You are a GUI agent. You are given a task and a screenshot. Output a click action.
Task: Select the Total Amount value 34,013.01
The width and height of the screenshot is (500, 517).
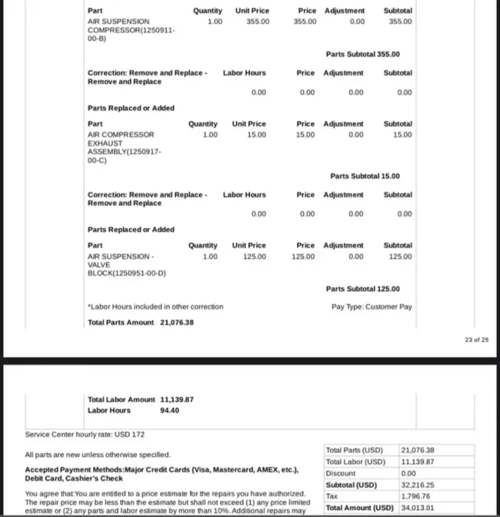click(x=418, y=508)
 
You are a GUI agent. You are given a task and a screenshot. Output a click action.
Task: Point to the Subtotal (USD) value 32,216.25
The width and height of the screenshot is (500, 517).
click(x=418, y=485)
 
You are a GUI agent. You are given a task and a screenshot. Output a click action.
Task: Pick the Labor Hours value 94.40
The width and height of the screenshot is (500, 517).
click(x=169, y=411)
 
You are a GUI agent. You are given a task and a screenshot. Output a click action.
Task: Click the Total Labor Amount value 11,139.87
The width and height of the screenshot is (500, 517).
click(x=176, y=399)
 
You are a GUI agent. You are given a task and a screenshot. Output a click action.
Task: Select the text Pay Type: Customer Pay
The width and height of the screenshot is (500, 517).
click(x=372, y=307)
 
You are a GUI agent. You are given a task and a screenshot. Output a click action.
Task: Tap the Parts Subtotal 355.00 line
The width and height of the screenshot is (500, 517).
click(x=362, y=54)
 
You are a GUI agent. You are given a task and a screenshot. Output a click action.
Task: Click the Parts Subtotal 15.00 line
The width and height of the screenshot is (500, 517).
click(x=365, y=176)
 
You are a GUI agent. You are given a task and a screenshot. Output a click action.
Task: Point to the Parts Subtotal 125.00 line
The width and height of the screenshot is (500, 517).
click(x=362, y=289)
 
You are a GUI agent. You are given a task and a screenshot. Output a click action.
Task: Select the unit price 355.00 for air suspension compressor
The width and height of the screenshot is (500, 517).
click(x=258, y=22)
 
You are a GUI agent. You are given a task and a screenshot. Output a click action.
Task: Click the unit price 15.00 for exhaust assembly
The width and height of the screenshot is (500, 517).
click(x=257, y=134)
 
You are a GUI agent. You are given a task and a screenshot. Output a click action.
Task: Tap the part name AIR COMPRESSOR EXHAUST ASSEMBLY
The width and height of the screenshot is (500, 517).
click(x=123, y=147)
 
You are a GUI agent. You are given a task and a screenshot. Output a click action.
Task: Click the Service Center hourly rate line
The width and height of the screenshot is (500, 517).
click(x=85, y=435)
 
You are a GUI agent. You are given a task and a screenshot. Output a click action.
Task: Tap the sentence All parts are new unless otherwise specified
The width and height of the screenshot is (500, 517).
click(x=98, y=455)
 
